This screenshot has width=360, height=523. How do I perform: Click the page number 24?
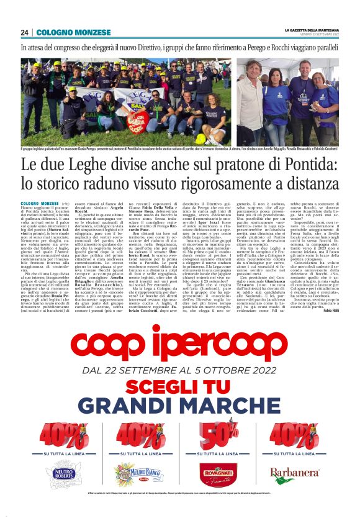24,32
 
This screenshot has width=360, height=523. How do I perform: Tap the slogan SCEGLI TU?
180,386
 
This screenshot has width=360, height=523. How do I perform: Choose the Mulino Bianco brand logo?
135,476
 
